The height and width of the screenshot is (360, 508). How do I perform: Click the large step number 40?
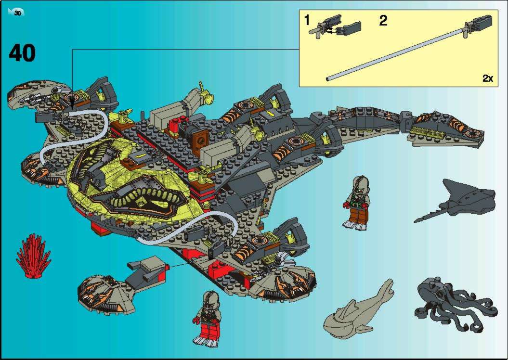click(22, 53)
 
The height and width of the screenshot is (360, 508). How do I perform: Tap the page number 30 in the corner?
click(17, 13)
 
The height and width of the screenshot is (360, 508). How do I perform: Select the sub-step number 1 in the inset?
click(307, 21)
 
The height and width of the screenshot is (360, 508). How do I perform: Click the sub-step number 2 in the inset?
click(383, 21)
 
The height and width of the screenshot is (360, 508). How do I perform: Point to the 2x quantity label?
click(488, 78)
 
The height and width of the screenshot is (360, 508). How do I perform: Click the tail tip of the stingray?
click(415, 221)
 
